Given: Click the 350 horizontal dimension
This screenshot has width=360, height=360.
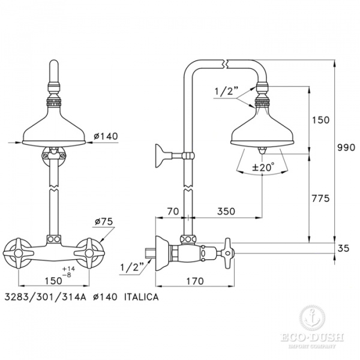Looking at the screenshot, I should point(226,211).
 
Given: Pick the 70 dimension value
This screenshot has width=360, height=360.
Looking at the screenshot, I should point(173,211).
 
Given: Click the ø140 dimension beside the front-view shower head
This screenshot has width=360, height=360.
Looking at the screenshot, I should point(105,137).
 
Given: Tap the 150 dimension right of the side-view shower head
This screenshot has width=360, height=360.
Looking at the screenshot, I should point(321,120).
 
